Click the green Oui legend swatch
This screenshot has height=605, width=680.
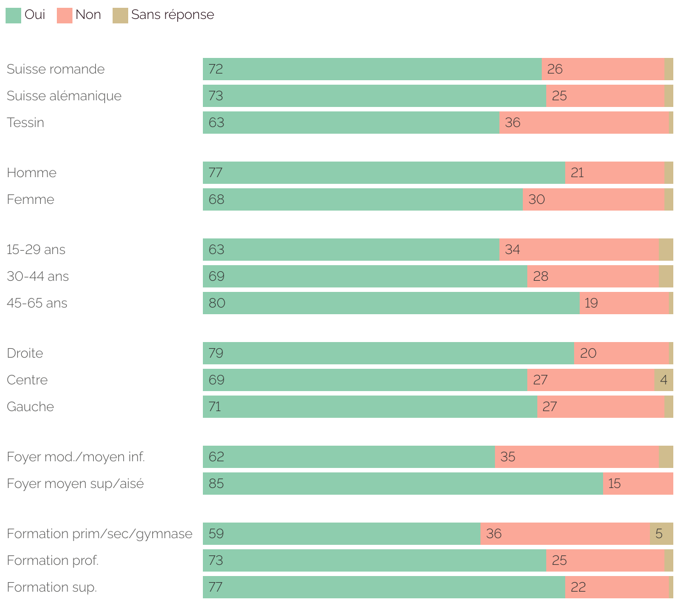(x=13, y=16)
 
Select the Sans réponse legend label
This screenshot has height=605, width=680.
(x=172, y=15)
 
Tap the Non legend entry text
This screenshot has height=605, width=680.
(x=88, y=15)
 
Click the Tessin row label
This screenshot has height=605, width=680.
(x=25, y=123)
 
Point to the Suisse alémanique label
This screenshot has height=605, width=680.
(x=64, y=96)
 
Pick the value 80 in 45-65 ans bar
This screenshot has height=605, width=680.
(x=217, y=303)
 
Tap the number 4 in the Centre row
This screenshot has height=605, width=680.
(x=663, y=380)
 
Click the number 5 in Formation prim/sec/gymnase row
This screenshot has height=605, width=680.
(x=659, y=534)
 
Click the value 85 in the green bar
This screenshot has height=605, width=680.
(x=216, y=484)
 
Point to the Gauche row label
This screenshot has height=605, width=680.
(x=31, y=407)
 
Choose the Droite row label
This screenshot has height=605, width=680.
(x=25, y=353)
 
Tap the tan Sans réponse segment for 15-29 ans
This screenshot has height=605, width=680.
(x=666, y=250)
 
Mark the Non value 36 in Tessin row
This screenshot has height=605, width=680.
(x=512, y=123)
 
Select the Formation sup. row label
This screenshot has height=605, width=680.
(x=52, y=587)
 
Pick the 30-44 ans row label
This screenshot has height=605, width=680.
(x=38, y=276)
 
